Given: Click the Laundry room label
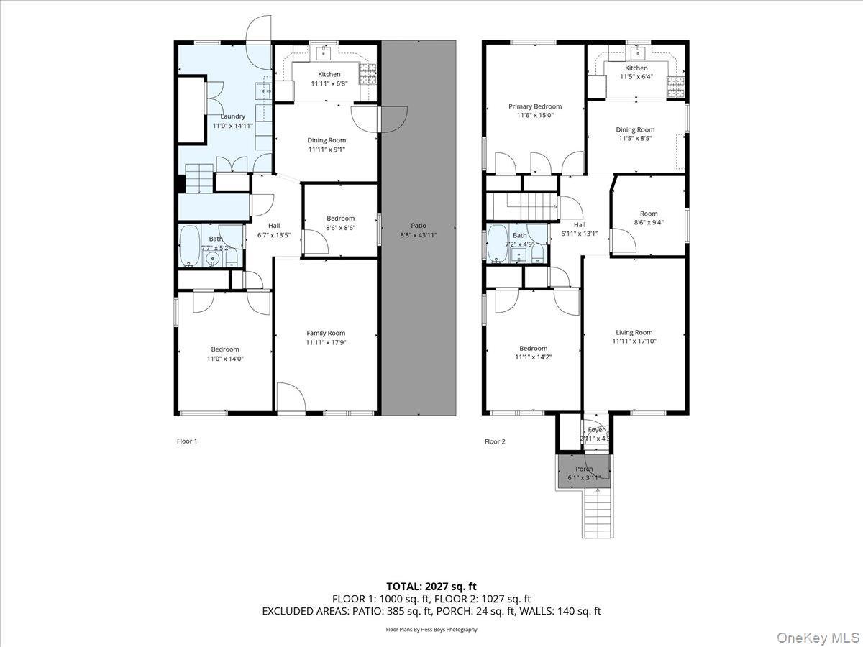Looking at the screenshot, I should click(232, 116).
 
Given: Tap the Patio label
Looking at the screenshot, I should click(418, 226).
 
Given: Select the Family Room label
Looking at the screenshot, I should click(326, 333).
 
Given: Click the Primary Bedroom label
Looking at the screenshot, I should click(534, 106).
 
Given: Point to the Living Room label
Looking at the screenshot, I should click(634, 332).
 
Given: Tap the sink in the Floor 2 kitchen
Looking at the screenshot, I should click(636, 51).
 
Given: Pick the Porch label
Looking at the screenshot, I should click(584, 469).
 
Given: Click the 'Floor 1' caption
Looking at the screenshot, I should click(186, 441).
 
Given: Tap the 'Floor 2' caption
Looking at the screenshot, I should click(495, 441).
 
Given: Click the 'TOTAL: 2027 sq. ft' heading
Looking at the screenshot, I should click(431, 587).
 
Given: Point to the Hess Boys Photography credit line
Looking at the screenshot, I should click(431, 630).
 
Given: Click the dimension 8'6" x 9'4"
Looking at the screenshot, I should click(649, 222).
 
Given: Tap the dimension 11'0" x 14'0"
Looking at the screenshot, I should click(225, 358).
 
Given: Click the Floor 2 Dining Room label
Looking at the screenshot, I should click(635, 130).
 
